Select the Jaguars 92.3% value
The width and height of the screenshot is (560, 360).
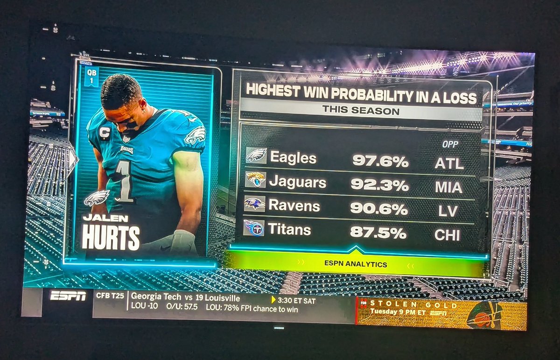[379, 185]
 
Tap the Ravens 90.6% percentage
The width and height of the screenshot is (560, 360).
[379, 208]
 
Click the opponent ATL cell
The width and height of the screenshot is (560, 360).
[449, 163]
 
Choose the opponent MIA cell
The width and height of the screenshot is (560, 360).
[448, 188]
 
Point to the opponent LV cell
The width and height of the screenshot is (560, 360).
[448, 211]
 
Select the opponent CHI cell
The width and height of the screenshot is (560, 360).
[447, 235]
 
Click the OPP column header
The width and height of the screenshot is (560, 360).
[450, 145]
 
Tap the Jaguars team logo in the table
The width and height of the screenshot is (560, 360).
[256, 180]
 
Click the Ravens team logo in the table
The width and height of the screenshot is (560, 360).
[255, 204]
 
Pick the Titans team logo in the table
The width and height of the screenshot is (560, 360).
[254, 228]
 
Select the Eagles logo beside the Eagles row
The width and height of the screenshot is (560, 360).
[256, 155]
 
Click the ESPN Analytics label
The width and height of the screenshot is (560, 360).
[356, 264]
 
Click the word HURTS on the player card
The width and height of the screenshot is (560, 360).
[111, 238]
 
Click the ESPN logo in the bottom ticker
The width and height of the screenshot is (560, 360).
[68, 296]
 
